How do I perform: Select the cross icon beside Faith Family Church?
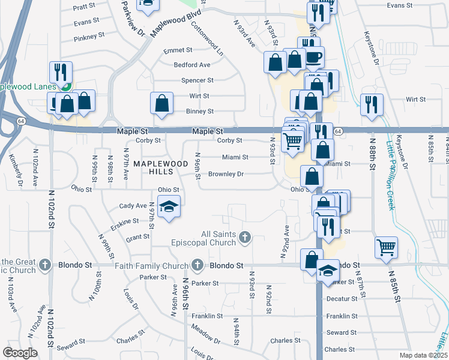[x=197, y=265]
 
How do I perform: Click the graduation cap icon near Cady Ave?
[x=170, y=207]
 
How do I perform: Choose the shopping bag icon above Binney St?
[x=161, y=103]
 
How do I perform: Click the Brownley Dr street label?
[x=226, y=175]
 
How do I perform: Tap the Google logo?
[x=20, y=352]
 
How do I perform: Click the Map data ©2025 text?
[x=423, y=355]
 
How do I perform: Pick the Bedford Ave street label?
[x=192, y=65]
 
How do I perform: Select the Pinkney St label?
[x=89, y=37]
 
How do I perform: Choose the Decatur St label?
[x=342, y=298]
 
